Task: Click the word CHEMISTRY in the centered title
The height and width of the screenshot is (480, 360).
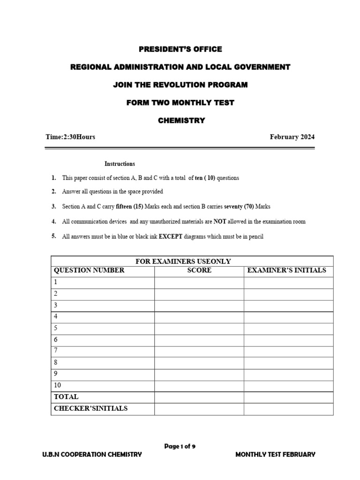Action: [181, 120]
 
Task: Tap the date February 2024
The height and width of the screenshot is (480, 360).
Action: [292, 137]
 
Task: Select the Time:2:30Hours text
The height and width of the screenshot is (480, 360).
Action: [70, 137]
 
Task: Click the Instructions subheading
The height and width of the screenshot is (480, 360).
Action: [120, 164]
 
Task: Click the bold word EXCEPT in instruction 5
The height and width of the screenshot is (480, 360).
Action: [171, 237]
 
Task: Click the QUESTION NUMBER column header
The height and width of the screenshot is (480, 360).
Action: [89, 270]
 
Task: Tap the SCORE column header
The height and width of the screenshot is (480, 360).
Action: [199, 270]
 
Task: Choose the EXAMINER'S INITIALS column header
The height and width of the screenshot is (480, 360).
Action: [286, 270]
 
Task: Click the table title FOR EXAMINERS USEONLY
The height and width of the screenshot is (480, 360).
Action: [183, 262]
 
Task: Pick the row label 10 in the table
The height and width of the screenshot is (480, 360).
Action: [58, 385]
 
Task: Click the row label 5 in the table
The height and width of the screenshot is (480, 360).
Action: [56, 328]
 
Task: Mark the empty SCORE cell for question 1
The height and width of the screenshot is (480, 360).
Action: [199, 283]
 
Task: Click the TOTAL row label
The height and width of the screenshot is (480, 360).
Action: [66, 397]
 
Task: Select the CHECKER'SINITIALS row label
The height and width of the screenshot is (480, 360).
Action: [90, 408]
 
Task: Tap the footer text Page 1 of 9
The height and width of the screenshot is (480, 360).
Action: [180, 447]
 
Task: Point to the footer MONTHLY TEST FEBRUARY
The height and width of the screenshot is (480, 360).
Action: [275, 455]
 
